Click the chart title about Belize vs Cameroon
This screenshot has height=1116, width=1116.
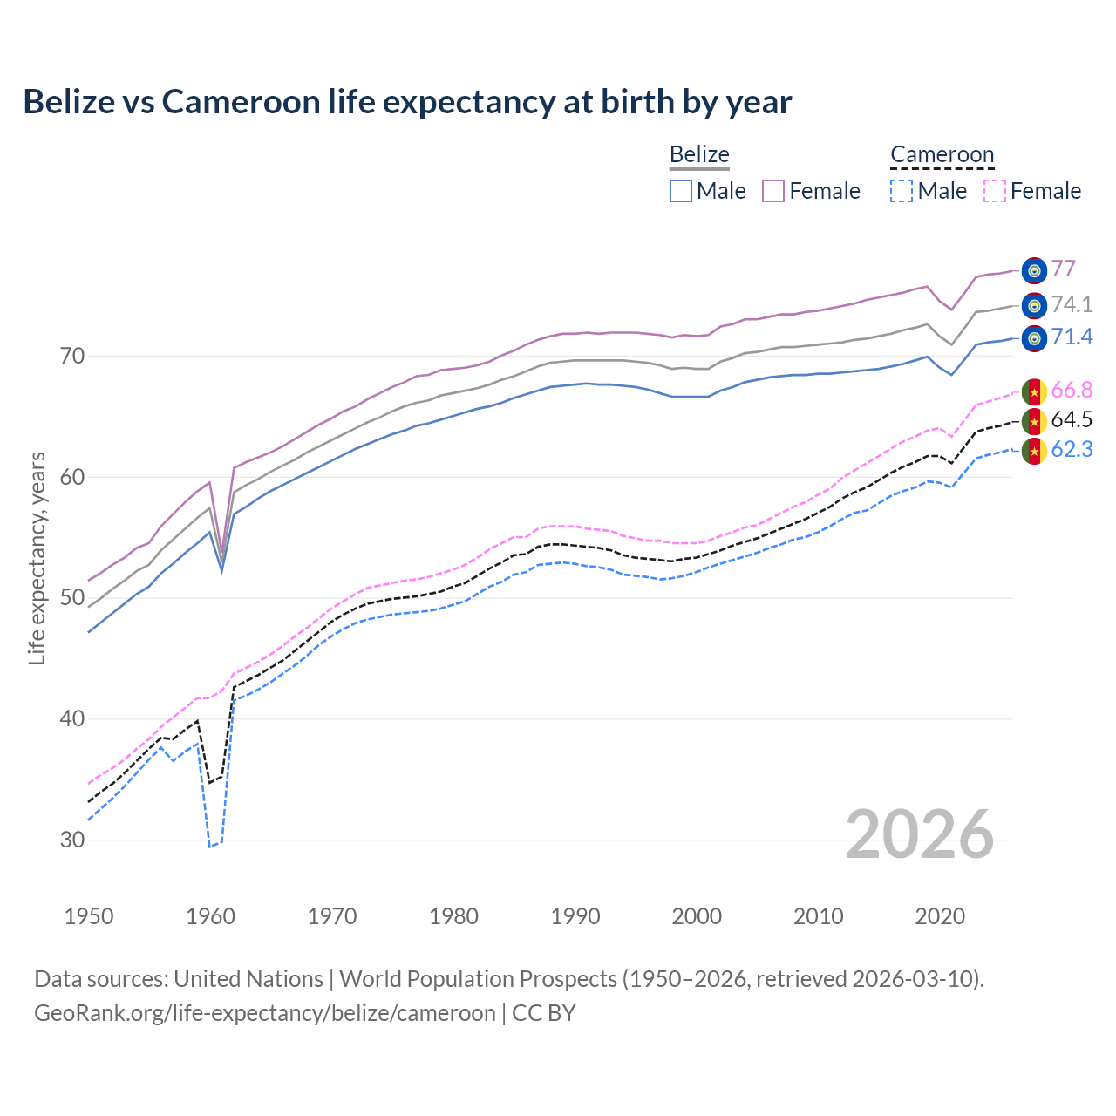(x=407, y=102)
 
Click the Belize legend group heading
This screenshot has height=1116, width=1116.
(x=699, y=154)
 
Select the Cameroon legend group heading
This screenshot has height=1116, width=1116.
(x=942, y=154)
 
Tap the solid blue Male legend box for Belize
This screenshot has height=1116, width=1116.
(x=681, y=191)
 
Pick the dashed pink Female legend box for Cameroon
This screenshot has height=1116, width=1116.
(x=995, y=191)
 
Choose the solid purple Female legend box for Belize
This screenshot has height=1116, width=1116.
(x=773, y=191)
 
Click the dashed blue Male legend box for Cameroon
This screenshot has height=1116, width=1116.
(x=902, y=191)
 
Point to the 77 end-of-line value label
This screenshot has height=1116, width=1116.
(x=1063, y=269)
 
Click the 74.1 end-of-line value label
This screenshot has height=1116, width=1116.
(x=1072, y=304)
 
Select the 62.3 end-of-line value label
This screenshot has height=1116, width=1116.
(x=1072, y=450)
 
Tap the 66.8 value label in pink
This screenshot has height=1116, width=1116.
(x=1072, y=390)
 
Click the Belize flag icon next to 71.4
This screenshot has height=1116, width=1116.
(x=1034, y=338)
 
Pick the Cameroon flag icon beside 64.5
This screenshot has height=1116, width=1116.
(x=1034, y=422)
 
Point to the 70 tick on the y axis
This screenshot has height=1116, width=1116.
(x=72, y=356)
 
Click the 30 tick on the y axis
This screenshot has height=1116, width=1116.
(x=72, y=840)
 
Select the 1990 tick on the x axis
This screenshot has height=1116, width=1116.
(x=575, y=916)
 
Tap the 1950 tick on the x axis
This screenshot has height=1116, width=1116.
(x=89, y=916)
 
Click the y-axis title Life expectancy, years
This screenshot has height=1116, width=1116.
(x=37, y=558)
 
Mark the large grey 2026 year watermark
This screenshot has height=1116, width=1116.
(x=920, y=834)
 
